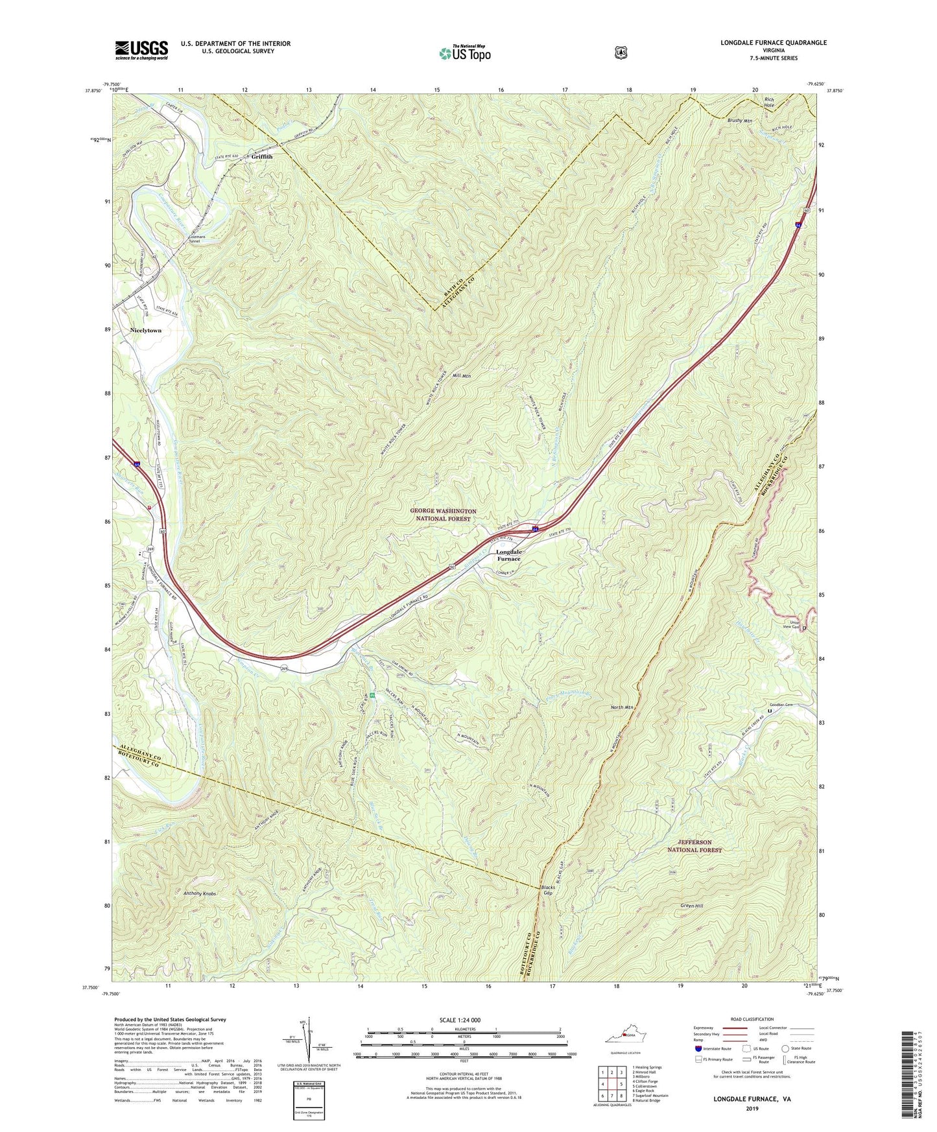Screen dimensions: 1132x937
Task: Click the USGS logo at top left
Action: [x=141, y=49]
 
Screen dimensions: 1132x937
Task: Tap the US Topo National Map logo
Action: [x=464, y=53]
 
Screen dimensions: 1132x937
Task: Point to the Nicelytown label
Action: [x=146, y=331]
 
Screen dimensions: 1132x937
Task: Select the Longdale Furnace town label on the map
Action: [x=508, y=555]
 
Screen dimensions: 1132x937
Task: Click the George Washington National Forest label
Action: [x=444, y=515]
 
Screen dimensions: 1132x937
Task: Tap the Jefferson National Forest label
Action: [x=694, y=846]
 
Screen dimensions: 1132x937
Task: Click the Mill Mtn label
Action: [x=462, y=376]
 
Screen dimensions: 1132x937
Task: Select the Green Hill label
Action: [x=691, y=906]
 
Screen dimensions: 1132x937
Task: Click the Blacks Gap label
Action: [x=549, y=890]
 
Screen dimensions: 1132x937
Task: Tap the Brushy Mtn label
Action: [x=739, y=121]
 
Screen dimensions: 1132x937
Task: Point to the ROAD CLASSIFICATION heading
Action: [x=752, y=1020]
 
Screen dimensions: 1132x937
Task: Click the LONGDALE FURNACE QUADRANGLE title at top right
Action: [x=773, y=43]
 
